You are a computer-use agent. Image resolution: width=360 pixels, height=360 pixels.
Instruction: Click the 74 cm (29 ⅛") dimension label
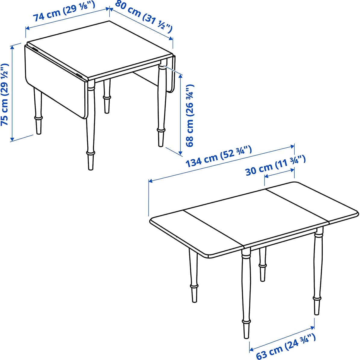[64, 11]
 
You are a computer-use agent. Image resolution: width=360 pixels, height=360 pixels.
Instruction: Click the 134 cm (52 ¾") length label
[219, 156]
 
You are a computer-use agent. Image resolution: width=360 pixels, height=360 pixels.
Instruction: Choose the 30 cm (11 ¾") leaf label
[276, 165]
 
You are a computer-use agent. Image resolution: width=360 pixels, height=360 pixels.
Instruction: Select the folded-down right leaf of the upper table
[171, 74]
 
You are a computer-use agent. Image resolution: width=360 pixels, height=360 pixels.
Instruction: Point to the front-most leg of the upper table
[90, 125]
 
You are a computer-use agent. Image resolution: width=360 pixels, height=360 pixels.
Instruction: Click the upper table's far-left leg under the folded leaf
[38, 111]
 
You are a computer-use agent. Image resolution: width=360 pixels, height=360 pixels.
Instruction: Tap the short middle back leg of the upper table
[107, 96]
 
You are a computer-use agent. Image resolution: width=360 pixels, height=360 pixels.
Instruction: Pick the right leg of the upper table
[161, 106]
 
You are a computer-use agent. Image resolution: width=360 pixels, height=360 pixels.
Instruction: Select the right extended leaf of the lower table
[312, 202]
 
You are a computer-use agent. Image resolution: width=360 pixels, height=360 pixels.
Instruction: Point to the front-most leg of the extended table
[246, 293]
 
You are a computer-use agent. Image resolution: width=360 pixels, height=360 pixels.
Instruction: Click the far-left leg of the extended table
[193, 276]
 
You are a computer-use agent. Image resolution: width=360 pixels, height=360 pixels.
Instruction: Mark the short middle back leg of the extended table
[263, 264]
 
